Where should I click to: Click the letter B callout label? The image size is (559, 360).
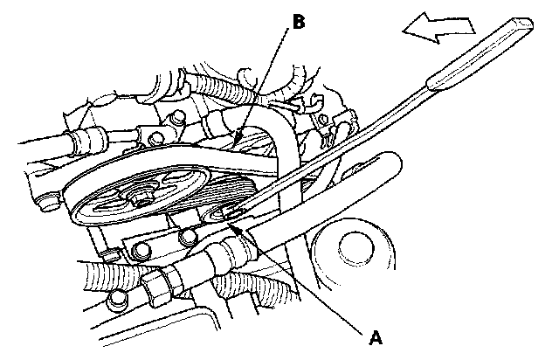point(298,21)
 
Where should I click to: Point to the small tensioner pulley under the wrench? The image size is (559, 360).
point(225,216)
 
